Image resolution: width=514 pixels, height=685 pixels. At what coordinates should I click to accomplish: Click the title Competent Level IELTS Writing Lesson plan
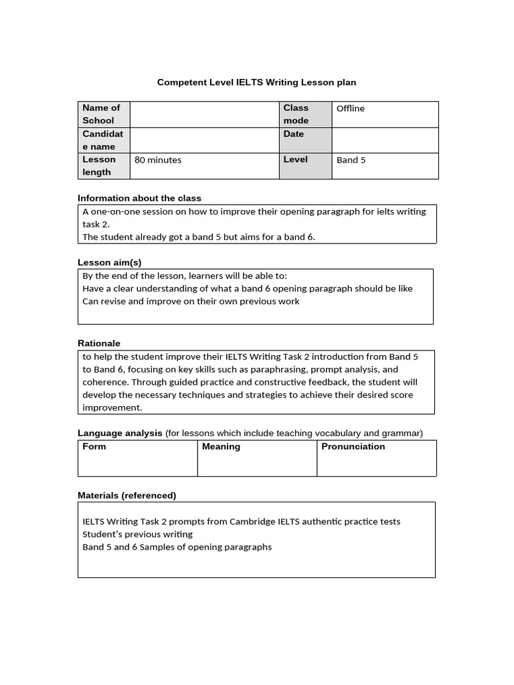(x=256, y=82)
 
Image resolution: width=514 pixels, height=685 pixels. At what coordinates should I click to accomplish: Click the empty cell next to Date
(x=385, y=140)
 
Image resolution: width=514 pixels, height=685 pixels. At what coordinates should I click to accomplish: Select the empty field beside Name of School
(x=204, y=114)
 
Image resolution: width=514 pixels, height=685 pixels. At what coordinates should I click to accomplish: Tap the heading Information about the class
(x=139, y=198)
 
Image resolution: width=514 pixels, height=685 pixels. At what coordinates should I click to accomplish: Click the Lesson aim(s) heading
(x=110, y=262)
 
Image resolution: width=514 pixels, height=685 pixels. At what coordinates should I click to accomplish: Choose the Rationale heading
(x=99, y=343)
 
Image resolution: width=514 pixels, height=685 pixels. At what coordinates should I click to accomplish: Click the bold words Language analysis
(x=120, y=433)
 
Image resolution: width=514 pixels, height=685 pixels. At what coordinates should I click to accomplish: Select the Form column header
(x=94, y=447)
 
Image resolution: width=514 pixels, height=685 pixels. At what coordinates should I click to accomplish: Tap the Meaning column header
(x=221, y=447)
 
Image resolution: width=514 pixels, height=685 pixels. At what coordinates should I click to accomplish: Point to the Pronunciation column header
(x=353, y=447)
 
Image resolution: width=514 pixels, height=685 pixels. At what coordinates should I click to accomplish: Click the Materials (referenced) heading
(x=127, y=496)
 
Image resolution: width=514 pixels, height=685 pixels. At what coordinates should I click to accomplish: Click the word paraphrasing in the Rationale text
(x=280, y=369)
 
